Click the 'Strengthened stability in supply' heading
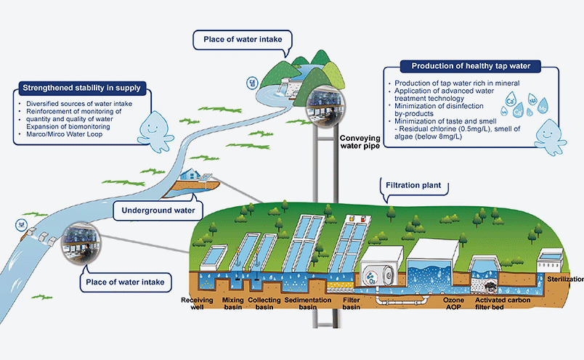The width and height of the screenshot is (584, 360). coord(81,89)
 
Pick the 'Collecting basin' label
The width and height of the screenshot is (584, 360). coord(264,303)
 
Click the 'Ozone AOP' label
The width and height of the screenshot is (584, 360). coord(444,303)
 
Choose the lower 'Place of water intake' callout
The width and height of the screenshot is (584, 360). coord(126,279)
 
